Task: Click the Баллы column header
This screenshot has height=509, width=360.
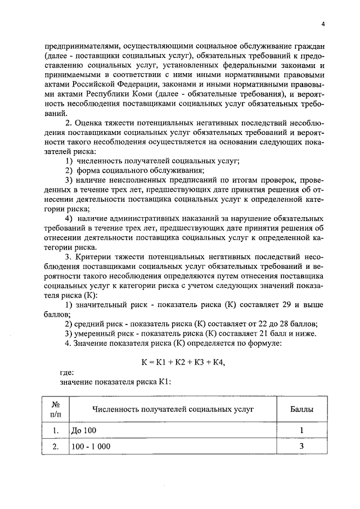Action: pyautogui.click(x=301, y=409)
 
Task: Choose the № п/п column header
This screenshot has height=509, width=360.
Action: pyautogui.click(x=56, y=409)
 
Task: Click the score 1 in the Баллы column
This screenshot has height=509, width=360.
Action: pyautogui.click(x=301, y=431)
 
